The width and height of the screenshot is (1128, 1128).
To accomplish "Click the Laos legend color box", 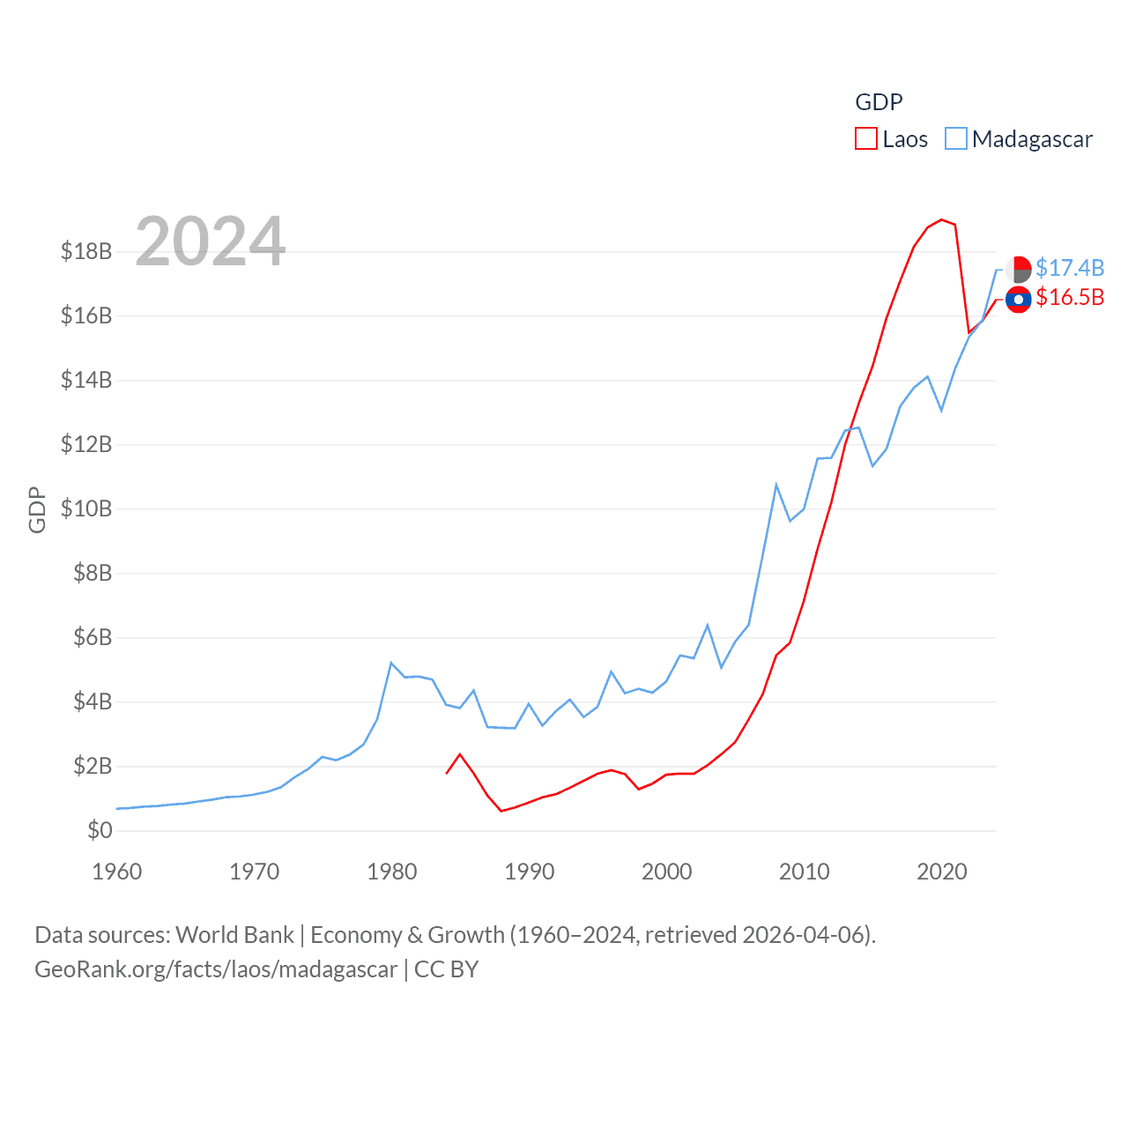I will pos(865,139).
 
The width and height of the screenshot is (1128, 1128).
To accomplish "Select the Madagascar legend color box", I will pos(955,139).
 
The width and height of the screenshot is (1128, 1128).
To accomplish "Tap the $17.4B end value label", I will pos(1070,268).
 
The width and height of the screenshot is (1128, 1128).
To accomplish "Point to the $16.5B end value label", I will pos(1070,297).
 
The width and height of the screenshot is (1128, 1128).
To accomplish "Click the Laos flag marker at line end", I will pos(1018,300).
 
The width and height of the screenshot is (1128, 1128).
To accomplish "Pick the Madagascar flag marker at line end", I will pos(1018,269).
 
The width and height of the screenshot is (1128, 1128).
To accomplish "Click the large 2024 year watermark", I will pos(211,241).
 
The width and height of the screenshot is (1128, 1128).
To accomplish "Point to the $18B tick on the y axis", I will pos(86,251).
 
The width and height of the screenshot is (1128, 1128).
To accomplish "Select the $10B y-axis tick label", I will pos(86,508).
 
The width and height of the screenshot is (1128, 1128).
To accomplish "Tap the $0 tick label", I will pos(100,830).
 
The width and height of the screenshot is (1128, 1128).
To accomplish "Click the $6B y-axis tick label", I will pos(93,637).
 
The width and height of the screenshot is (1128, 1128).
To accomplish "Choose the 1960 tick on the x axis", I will pos(117,872).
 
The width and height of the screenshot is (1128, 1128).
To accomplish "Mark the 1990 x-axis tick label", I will pos(530,872).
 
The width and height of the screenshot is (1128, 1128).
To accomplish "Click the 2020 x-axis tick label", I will pos(942,872).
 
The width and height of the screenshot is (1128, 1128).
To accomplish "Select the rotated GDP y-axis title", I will pos(37,509).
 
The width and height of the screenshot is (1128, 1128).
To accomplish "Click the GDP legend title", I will pos(879,102).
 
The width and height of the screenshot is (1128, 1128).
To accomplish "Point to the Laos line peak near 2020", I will pos(942,219).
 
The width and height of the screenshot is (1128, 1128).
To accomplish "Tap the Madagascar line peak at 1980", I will pos(390,663).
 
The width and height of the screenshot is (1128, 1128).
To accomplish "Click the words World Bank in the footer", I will pos(234,934).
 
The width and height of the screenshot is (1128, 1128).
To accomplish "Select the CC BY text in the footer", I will pos(446,969).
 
